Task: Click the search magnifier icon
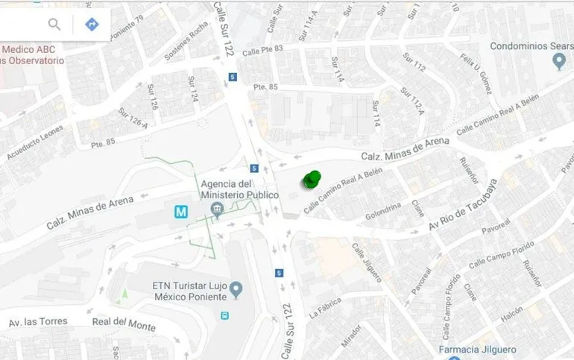[x=54, y=25]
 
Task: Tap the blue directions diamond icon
[x=92, y=25]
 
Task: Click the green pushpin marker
[x=312, y=180]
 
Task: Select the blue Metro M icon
[x=181, y=212]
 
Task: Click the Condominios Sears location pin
[x=560, y=62]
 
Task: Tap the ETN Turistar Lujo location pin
[x=236, y=288]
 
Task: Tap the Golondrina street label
[x=383, y=211]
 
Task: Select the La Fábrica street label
[x=324, y=306]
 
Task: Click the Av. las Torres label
[x=38, y=323]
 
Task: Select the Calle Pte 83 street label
[x=263, y=50]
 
